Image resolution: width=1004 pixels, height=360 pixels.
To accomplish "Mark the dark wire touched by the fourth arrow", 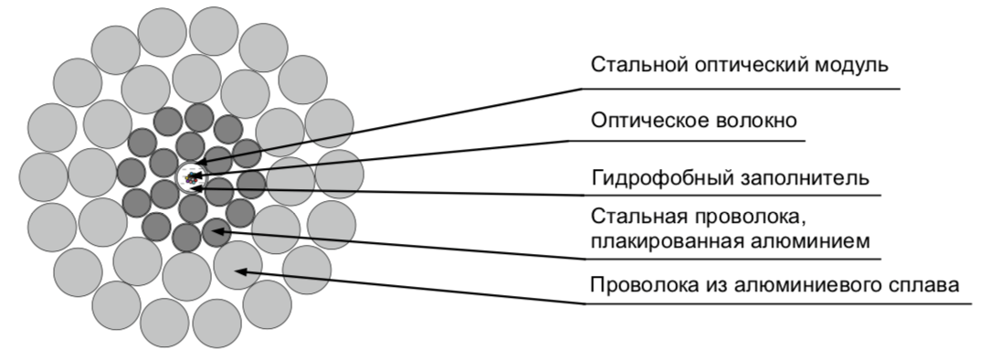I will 216,231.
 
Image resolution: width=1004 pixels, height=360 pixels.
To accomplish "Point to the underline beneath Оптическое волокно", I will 685,141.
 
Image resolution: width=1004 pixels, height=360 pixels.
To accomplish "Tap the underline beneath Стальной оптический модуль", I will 740,89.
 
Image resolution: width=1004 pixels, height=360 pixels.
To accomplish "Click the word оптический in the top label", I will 744,67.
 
